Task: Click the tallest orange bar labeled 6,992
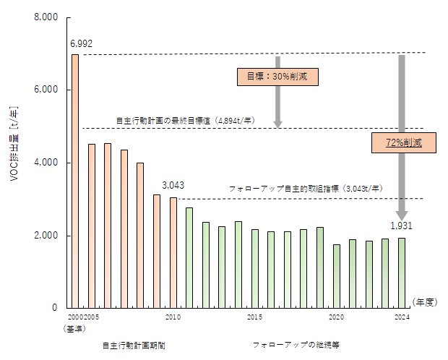75,181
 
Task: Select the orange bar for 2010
173,252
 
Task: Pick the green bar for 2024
402,273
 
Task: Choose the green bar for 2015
255,268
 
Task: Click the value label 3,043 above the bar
173,185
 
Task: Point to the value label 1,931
401,226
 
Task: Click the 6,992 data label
81,44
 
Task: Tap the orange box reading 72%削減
404,142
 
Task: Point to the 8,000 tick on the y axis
46,17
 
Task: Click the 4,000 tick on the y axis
46,163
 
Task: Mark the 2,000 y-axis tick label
46,236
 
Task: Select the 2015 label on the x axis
255,317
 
